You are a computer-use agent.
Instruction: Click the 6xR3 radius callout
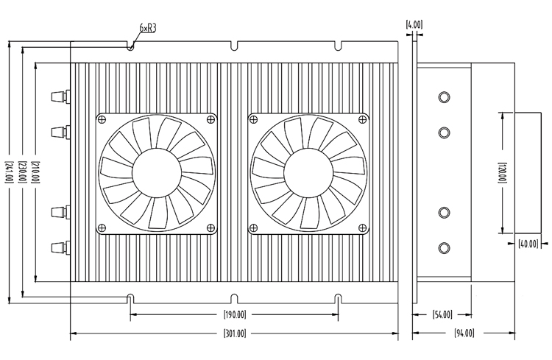pyautogui.click(x=148, y=28)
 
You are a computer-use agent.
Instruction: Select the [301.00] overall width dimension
pyautogui.click(x=234, y=333)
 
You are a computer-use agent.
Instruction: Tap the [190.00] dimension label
pyautogui.click(x=234, y=315)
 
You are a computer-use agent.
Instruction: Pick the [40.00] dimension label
pyautogui.click(x=528, y=244)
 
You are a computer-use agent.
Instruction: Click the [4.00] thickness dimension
pyautogui.click(x=414, y=24)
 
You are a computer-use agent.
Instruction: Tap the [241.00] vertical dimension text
pyautogui.click(x=9, y=170)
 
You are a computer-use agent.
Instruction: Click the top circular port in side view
pyautogui.click(x=444, y=97)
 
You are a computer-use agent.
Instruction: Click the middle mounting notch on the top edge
pyautogui.click(x=233, y=47)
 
